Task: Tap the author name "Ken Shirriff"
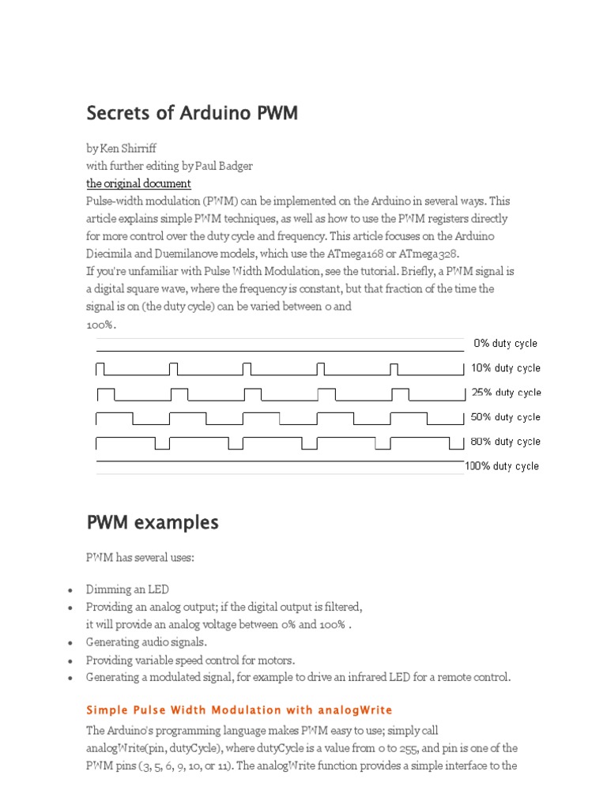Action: [127, 148]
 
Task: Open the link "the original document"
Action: [138, 183]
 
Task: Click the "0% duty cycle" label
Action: [506, 344]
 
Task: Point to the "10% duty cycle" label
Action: [506, 368]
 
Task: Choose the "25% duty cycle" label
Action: [506, 393]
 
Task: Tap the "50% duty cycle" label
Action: [506, 417]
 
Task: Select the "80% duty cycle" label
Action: [506, 442]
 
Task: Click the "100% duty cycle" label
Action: [503, 466]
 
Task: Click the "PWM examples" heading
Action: [152, 523]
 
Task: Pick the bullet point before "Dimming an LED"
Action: [70, 591]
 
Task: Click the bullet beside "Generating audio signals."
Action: [70, 643]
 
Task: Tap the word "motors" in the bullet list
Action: [277, 660]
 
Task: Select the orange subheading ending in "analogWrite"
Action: [239, 709]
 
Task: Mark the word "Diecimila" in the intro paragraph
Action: [110, 254]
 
